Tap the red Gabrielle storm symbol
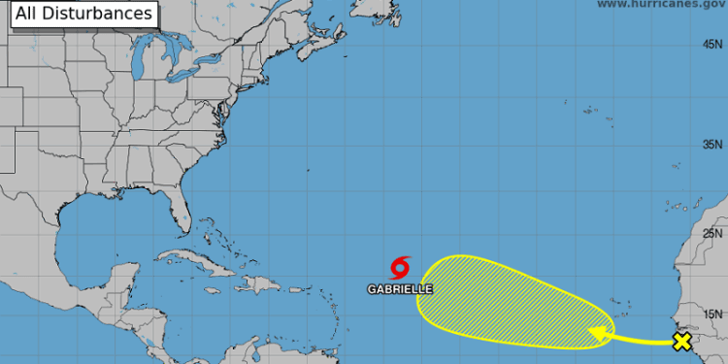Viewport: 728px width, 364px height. click(401, 267)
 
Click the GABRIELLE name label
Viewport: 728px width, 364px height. click(400, 288)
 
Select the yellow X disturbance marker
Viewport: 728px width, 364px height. click(682, 341)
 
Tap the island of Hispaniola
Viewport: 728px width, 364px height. click(256, 283)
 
